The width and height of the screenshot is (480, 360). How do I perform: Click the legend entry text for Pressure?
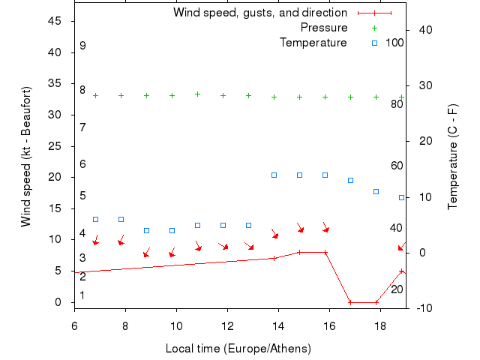[x=324, y=28]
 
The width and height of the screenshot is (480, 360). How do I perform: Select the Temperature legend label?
[x=313, y=43]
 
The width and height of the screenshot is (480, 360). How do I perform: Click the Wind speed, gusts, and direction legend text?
[x=259, y=13]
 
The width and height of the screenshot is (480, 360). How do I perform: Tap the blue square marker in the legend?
[x=375, y=43]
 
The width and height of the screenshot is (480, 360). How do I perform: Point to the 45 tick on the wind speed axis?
[x=55, y=21]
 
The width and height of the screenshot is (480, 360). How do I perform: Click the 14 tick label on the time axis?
[x=278, y=326]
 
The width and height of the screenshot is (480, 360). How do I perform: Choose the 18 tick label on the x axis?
[x=380, y=326]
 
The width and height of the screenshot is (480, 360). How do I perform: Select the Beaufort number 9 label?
[x=82, y=46]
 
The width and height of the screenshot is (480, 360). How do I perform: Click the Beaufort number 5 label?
[x=82, y=196]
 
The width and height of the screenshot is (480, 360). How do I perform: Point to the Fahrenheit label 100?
[x=394, y=43]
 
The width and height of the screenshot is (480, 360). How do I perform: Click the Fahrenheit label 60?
[x=397, y=166]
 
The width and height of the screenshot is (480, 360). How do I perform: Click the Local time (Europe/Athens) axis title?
[x=238, y=349]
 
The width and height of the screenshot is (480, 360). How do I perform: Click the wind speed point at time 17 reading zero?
[x=350, y=302]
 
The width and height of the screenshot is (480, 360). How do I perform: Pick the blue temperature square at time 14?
[x=274, y=175]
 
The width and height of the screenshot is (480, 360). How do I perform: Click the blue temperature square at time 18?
[x=376, y=191]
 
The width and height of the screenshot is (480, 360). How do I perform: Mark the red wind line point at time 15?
[x=299, y=252]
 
